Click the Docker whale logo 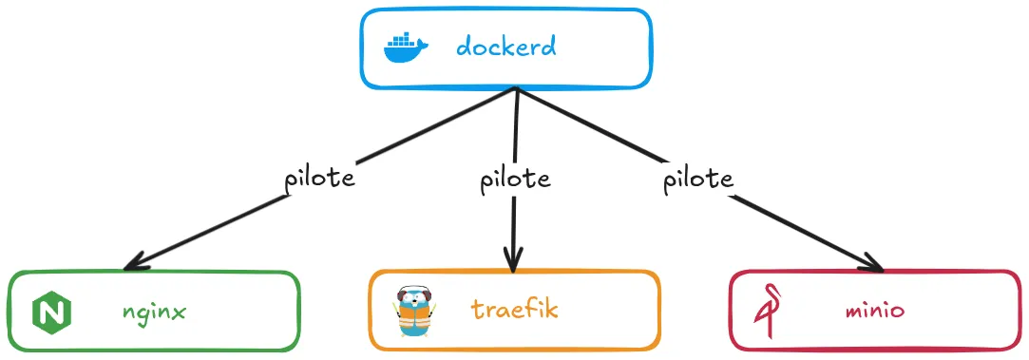(407, 47)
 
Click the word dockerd (505, 47)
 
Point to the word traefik (514, 310)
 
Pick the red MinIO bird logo (768, 312)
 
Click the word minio (877, 311)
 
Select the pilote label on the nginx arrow (319, 179)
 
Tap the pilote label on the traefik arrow (514, 179)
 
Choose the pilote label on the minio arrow (697, 178)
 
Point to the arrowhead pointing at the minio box (879, 265)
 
